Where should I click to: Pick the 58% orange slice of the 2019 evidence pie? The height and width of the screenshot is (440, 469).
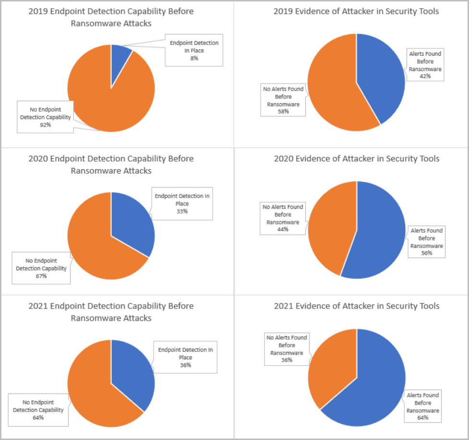331,86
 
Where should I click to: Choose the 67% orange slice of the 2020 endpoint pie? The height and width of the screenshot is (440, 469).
96,245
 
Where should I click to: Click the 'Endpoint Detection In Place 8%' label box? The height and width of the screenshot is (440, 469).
194,50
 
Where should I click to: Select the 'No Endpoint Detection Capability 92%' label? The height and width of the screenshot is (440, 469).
46,117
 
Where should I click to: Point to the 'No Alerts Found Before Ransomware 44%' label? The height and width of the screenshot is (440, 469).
283,218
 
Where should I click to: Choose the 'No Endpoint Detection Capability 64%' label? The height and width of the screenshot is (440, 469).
38,410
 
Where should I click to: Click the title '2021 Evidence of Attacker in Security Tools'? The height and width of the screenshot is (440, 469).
356,306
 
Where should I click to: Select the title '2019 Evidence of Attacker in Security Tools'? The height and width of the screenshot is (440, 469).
356,11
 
